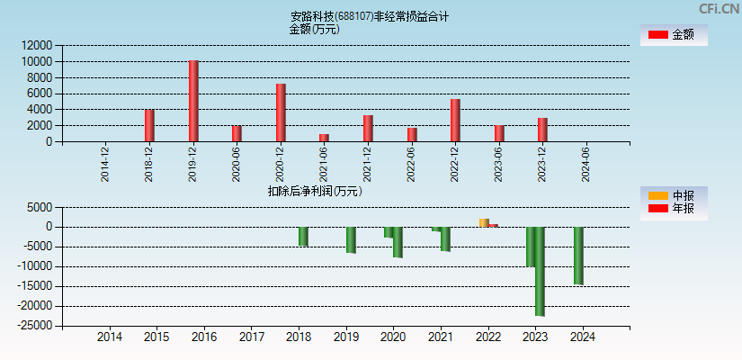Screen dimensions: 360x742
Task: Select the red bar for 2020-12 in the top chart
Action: pos(281,112)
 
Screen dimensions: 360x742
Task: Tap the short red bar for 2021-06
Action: pos(324,138)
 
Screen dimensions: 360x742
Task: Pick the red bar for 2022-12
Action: pos(455,120)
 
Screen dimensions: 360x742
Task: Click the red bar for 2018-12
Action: pos(149,125)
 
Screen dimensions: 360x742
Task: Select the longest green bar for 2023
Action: pos(540,271)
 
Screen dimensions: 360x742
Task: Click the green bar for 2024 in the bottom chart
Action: pos(578,256)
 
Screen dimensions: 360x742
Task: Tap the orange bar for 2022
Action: pos(484,222)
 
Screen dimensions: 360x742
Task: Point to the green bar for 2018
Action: pos(303,236)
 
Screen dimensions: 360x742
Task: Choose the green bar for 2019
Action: pos(351,239)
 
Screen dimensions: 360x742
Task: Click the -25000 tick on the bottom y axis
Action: pos(33,326)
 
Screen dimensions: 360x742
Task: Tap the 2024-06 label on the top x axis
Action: pos(586,164)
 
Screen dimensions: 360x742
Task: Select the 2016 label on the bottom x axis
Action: pos(204,337)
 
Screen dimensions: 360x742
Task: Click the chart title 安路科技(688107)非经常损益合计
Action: pos(370,16)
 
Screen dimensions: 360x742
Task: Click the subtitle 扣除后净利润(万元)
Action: pos(314,191)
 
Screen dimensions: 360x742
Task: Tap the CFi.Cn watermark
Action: pos(718,8)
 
